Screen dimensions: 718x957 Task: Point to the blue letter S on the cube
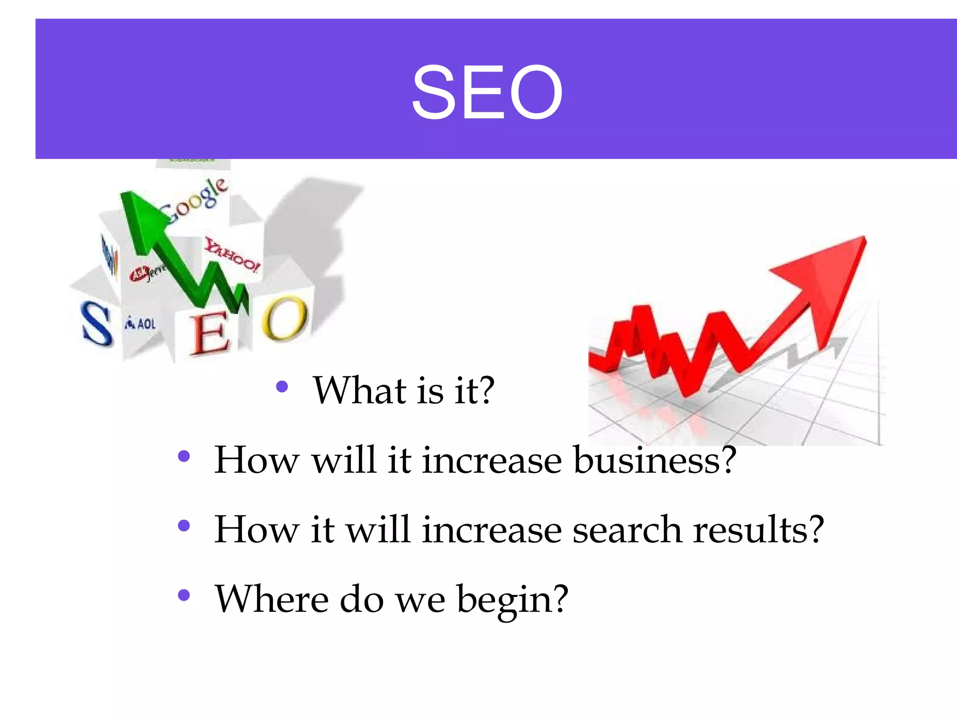[x=97, y=323]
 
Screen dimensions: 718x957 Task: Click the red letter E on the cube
[x=210, y=333]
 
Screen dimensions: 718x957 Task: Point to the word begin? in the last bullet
[x=513, y=600]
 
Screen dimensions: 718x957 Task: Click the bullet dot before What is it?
[x=282, y=387]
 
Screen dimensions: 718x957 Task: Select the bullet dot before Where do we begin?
[x=184, y=595]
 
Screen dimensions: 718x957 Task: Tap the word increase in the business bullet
[x=492, y=460]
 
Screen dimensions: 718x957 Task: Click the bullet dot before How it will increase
[x=184, y=526]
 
